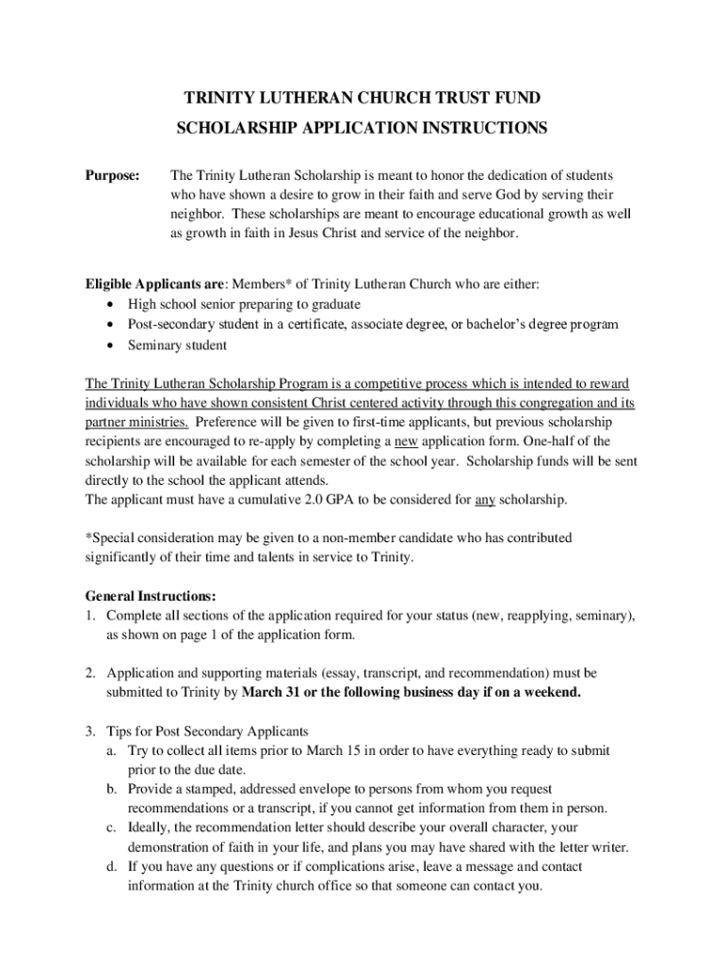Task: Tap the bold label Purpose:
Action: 112,175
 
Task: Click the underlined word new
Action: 405,442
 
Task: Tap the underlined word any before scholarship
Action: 485,499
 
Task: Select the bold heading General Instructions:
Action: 151,597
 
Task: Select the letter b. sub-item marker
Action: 112,789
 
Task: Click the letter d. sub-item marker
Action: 112,866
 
